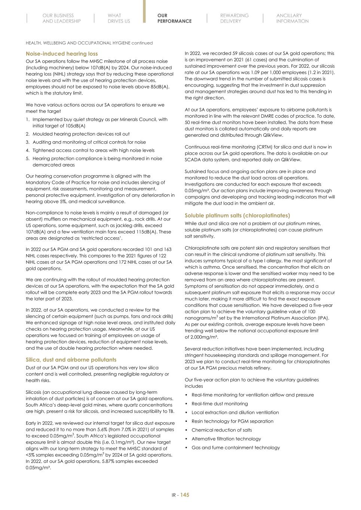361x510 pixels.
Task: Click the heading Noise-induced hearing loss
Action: click(x=62, y=54)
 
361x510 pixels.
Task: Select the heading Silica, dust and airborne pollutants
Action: click(x=71, y=360)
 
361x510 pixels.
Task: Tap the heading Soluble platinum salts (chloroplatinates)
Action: click(x=237, y=216)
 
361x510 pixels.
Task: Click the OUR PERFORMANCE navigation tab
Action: click(x=174, y=18)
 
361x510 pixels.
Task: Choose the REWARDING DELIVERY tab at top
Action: click(x=234, y=18)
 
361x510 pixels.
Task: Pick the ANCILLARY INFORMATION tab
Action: click(x=292, y=18)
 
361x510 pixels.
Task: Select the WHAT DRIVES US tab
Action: click(x=119, y=18)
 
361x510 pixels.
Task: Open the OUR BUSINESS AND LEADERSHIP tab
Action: click(x=61, y=18)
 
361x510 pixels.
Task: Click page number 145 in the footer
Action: click(x=185, y=495)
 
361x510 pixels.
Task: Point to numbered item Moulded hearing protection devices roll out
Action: click(x=81, y=134)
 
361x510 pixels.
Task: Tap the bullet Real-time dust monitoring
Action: click(x=220, y=404)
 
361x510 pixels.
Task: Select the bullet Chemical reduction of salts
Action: click(x=221, y=430)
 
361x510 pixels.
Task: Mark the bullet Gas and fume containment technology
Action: click(x=235, y=448)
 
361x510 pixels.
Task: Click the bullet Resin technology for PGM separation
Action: click(x=232, y=421)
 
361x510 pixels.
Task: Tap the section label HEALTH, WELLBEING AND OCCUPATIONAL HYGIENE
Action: click(x=78, y=43)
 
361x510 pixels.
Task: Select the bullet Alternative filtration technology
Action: click(x=226, y=439)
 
